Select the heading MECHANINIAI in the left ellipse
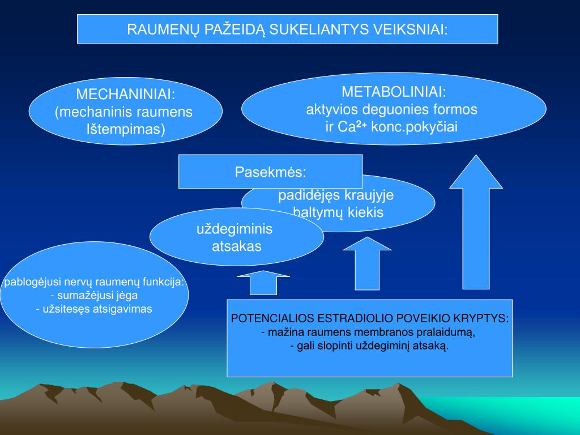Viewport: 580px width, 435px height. pyautogui.click(x=125, y=94)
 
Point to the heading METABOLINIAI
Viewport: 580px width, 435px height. pyautogui.click(x=394, y=92)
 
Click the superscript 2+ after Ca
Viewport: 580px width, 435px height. pyautogui.click(x=361, y=124)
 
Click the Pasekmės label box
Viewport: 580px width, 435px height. pyautogui.click(x=270, y=171)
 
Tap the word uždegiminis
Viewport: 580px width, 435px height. pyautogui.click(x=234, y=229)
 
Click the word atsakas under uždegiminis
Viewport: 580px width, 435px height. pyautogui.click(x=236, y=246)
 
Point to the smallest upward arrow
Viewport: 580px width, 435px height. pyautogui.click(x=263, y=283)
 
